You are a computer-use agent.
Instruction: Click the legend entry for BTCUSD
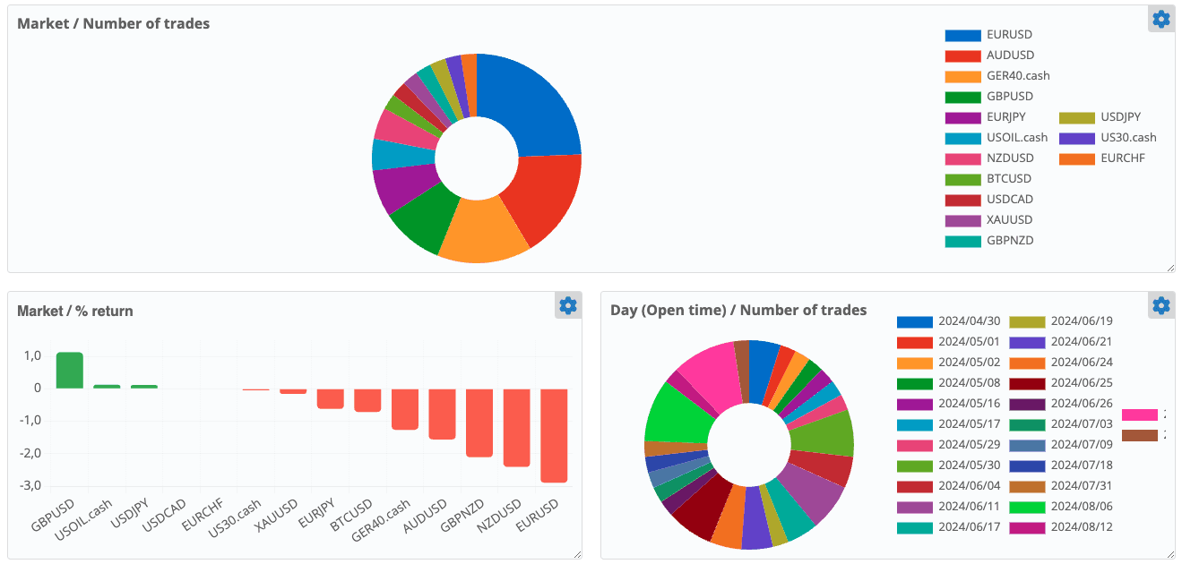click(1008, 179)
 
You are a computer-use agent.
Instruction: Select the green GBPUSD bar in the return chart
click(70, 371)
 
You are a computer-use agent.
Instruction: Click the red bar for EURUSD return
click(554, 435)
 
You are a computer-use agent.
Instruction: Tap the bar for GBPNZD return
click(479, 423)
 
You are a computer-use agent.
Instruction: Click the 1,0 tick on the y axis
click(32, 356)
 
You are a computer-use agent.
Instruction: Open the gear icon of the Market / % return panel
click(567, 306)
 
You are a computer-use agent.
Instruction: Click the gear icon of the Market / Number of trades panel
click(1161, 19)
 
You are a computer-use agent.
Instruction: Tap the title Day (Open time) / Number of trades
click(738, 311)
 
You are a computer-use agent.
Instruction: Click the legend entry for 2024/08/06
click(1080, 507)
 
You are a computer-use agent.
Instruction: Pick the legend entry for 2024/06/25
click(1080, 383)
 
